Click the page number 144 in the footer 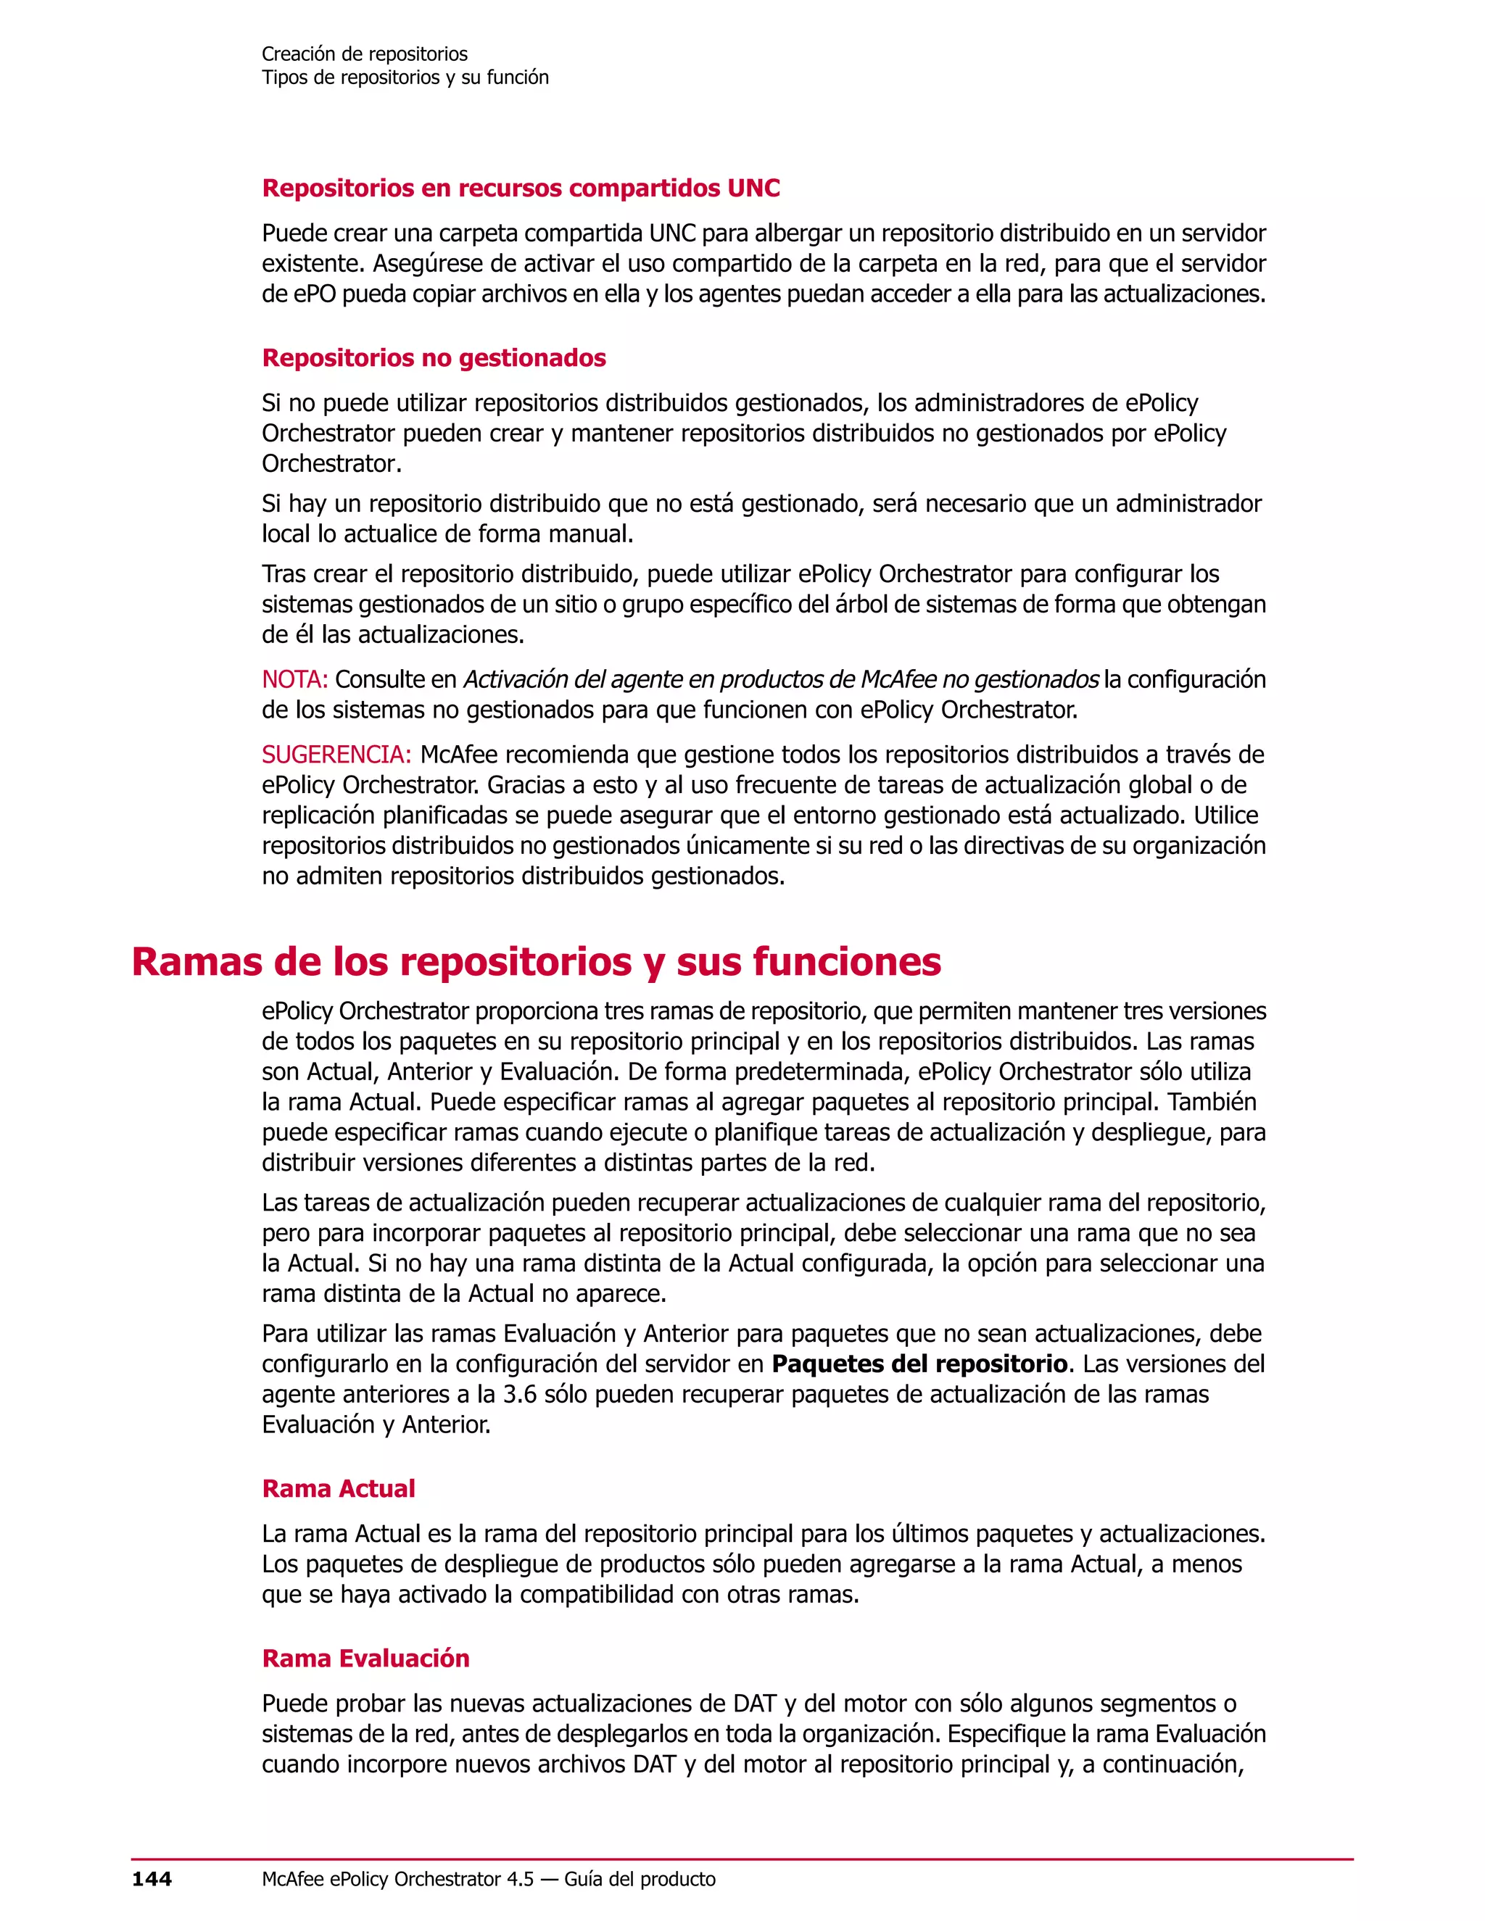coord(152,1879)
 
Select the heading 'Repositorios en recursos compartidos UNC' coord(521,188)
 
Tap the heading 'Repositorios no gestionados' coord(434,358)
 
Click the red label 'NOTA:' coord(294,680)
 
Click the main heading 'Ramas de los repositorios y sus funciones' coord(536,961)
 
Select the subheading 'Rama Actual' coord(339,1488)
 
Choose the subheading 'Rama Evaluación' coord(366,1658)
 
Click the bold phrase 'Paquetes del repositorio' coord(919,1364)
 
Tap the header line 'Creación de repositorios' coord(364,54)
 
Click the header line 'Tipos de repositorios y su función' coord(405,78)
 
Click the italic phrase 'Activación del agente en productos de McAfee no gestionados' coord(780,680)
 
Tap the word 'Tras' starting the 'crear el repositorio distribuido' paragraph coord(284,574)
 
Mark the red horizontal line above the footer coord(742,1859)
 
